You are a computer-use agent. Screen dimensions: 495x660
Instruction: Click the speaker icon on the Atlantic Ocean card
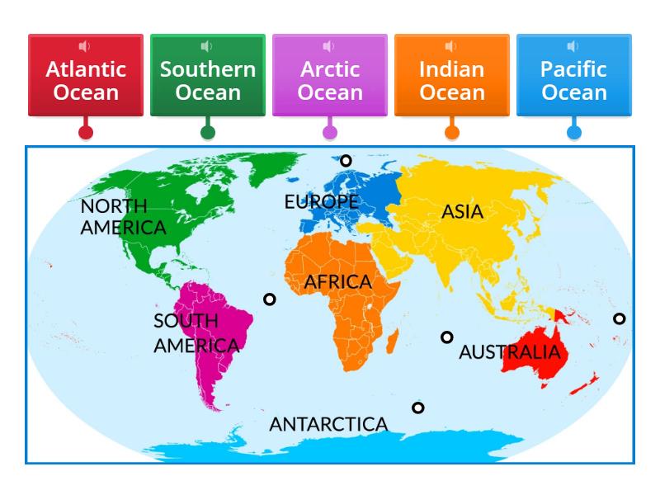(86, 46)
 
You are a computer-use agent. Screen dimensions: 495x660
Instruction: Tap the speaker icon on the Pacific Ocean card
(574, 46)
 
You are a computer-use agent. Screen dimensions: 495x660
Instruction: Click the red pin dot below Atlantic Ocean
(86, 131)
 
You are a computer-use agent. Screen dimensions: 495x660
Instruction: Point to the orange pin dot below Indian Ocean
(452, 131)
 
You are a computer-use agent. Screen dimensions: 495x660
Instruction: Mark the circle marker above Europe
(346, 161)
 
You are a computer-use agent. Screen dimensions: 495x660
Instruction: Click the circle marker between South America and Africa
(269, 299)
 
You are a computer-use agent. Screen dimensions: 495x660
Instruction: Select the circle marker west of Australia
(447, 337)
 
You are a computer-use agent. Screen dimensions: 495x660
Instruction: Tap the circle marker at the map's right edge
(619, 318)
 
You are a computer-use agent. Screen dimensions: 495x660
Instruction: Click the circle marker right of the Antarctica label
(418, 408)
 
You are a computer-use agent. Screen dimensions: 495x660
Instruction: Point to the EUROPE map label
(321, 201)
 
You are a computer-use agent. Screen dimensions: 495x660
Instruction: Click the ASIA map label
(462, 212)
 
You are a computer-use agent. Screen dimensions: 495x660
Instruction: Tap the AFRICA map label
(338, 282)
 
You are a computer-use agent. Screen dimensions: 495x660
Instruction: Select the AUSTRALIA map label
(509, 353)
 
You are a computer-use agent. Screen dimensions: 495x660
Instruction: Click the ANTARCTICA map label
(328, 425)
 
